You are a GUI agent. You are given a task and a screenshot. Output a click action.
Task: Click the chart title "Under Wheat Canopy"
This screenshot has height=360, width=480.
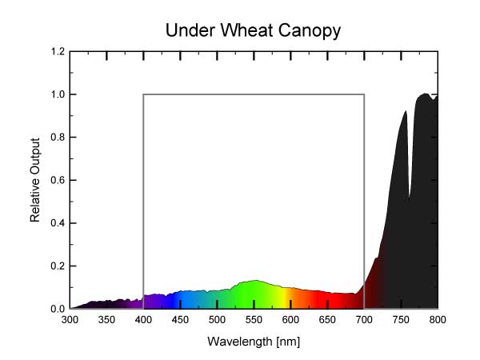tap(254, 31)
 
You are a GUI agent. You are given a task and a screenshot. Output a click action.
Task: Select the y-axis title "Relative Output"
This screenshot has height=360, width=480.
tap(35, 180)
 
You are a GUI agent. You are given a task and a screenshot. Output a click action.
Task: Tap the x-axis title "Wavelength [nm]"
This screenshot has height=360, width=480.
tap(254, 342)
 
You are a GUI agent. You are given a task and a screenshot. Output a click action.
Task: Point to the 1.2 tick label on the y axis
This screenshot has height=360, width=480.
tap(57, 52)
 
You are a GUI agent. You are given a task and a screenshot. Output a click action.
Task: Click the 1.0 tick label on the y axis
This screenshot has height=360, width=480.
tap(57, 94)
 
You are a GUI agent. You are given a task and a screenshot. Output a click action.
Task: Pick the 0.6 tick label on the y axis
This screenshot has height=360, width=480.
tap(57, 180)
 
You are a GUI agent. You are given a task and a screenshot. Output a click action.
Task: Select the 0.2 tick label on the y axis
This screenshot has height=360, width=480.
tap(57, 266)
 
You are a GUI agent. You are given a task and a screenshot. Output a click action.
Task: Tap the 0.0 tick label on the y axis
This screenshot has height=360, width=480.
tap(57, 309)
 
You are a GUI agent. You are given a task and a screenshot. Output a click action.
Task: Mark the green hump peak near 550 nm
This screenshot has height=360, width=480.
tap(254, 281)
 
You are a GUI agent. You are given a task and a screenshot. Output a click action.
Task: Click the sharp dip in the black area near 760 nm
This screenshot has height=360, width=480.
tap(410, 197)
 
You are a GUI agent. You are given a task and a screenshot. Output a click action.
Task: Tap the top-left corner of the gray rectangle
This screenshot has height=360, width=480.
tap(144, 94)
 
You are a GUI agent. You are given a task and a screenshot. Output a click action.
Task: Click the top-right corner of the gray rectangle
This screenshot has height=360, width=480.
tap(364, 94)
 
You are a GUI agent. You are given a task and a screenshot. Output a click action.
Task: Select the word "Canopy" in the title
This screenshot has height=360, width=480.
tap(308, 32)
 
